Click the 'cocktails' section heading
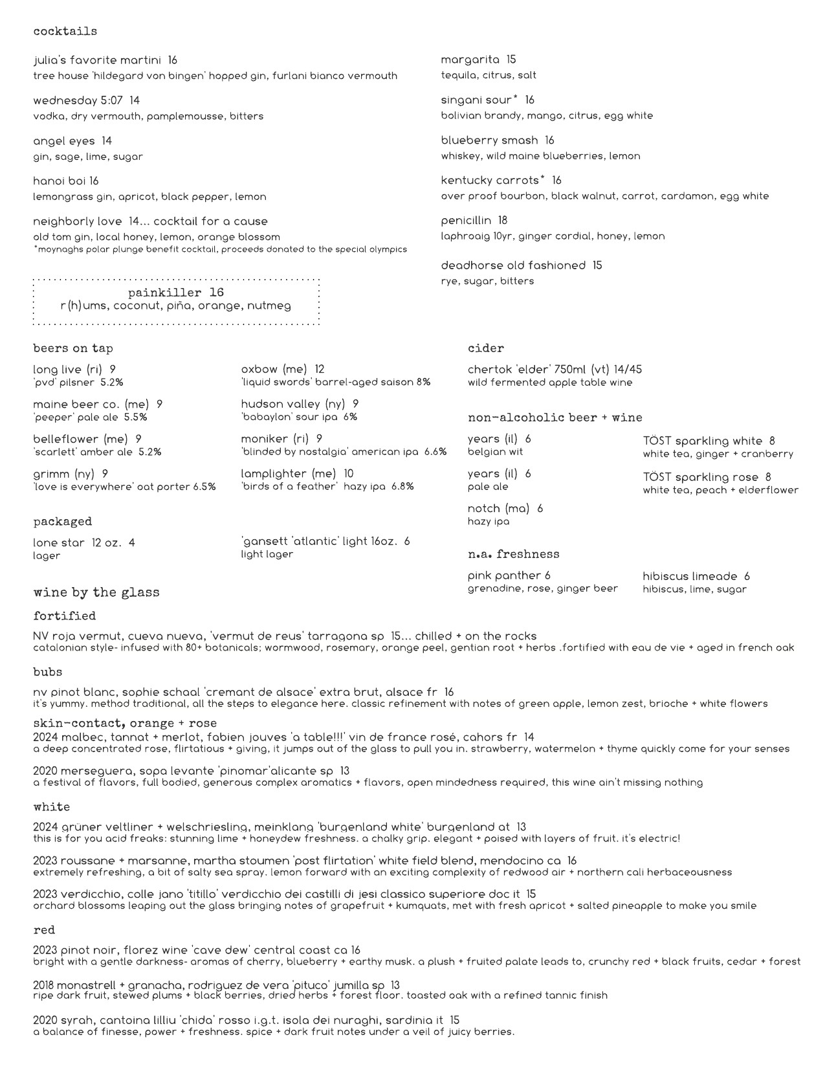65,31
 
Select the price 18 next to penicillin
503,221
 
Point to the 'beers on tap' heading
73,348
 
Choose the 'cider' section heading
485,348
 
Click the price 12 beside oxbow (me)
320,370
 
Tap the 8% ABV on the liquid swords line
423,383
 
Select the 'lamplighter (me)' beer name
289,474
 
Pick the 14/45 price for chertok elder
621,370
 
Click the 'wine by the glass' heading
96,592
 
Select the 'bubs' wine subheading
48,673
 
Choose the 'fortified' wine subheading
65,616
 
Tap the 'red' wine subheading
44,930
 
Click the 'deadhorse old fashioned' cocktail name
513,265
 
